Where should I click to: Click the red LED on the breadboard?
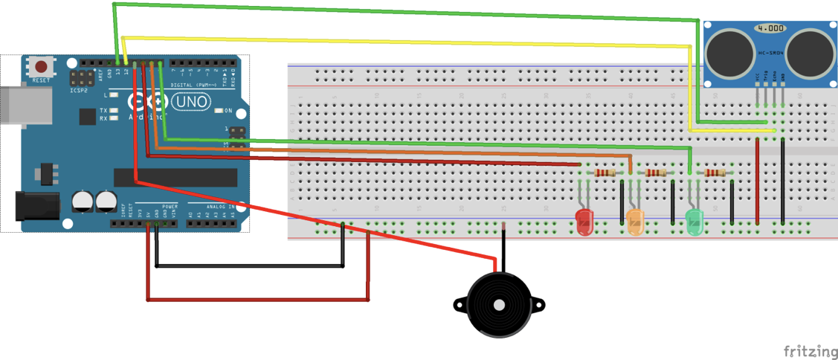click(x=585, y=221)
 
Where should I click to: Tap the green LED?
click(x=694, y=219)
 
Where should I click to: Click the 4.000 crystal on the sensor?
click(x=770, y=28)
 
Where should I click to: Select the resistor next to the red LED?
click(x=605, y=173)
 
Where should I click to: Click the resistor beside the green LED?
click(x=715, y=173)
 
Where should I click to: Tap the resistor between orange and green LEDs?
click(x=655, y=173)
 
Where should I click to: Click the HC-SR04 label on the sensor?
click(x=770, y=53)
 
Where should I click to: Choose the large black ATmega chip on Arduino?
click(x=175, y=178)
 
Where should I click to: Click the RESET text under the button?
click(x=42, y=80)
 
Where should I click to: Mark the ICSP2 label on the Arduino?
click(x=79, y=90)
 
